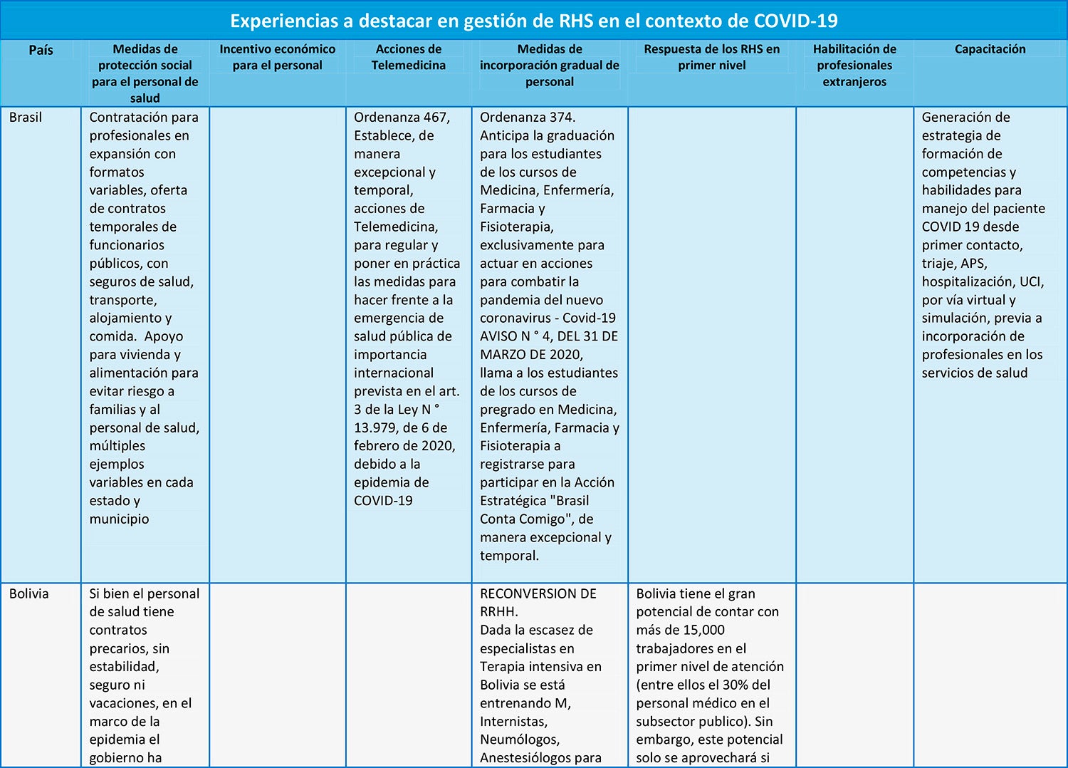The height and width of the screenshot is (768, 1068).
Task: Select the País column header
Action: [x=41, y=50]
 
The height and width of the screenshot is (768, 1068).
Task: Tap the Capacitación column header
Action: [x=990, y=49]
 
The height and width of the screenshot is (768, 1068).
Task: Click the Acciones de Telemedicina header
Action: [x=408, y=57]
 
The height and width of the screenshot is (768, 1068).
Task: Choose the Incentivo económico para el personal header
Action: [x=277, y=57]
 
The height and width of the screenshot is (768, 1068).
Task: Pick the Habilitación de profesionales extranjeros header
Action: [x=854, y=65]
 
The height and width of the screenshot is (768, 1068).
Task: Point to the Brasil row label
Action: [x=26, y=118]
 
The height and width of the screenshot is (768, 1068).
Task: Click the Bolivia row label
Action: [x=29, y=593]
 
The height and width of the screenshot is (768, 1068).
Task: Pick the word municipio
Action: [x=119, y=519]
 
